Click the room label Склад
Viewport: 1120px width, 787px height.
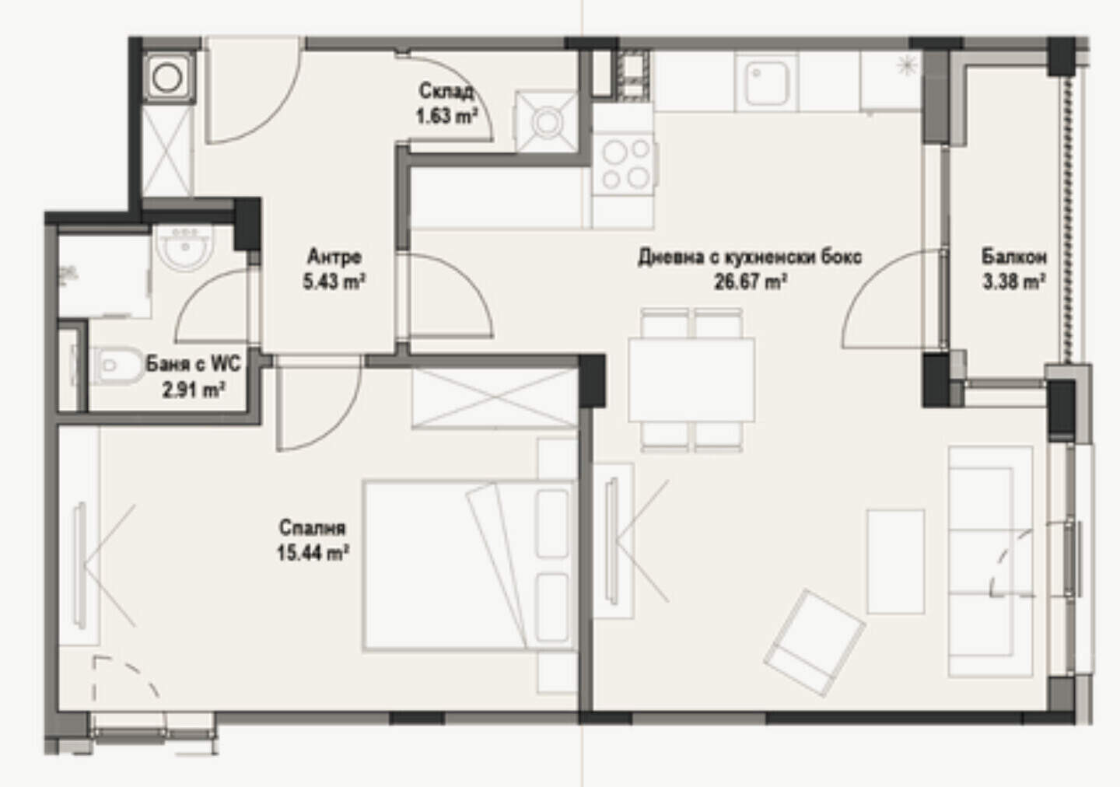(x=446, y=92)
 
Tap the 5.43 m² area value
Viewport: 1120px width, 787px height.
(x=334, y=282)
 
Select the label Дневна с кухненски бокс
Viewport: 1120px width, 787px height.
(x=750, y=257)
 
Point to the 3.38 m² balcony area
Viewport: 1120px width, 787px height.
(x=1014, y=282)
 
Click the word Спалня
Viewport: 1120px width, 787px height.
(x=313, y=527)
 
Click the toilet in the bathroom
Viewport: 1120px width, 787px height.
(x=115, y=366)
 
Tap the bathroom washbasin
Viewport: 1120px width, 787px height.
(x=184, y=248)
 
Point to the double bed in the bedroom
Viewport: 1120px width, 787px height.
(x=469, y=565)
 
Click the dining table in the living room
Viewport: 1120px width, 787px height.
(x=692, y=380)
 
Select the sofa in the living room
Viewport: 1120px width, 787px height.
(x=991, y=561)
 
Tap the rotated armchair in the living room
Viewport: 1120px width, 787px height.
(x=814, y=643)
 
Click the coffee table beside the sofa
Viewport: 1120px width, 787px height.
(x=895, y=561)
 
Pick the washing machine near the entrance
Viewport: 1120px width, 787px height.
(x=167, y=78)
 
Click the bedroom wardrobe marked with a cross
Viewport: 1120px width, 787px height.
(x=494, y=398)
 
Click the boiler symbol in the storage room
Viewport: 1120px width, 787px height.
(x=547, y=121)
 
